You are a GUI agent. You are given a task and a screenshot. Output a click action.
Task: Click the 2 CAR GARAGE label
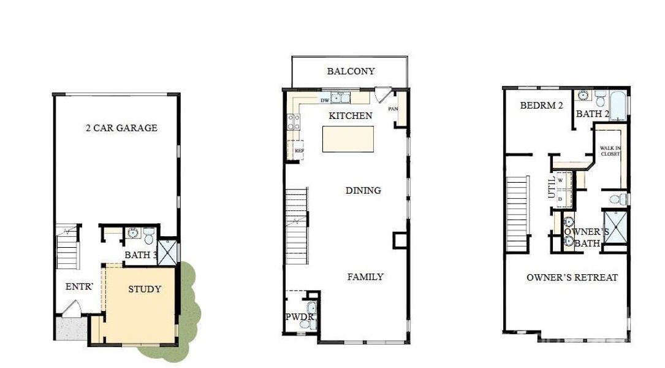coord(121,128)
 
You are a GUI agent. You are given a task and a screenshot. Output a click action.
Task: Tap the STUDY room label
coord(145,289)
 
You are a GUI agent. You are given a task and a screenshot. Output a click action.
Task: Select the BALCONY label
coord(351,71)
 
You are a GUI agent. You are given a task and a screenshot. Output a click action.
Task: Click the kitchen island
coord(348,139)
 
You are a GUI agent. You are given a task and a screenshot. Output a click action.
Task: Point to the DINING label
coord(363,191)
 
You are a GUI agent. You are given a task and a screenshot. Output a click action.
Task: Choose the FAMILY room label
coord(365,277)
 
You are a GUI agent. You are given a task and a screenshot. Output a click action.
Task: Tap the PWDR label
coord(300,317)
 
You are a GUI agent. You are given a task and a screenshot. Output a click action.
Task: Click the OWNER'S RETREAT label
coord(572,278)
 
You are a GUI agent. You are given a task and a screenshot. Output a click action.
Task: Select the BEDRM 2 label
coord(541,105)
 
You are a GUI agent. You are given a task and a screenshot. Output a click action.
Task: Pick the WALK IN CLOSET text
coord(610,151)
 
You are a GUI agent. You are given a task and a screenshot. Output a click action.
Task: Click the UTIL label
coord(551,186)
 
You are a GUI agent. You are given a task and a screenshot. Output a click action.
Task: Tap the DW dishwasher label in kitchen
coord(325,99)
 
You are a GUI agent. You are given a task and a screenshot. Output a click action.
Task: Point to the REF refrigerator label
coord(299,150)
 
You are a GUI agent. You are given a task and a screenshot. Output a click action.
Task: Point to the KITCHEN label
coord(350,116)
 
